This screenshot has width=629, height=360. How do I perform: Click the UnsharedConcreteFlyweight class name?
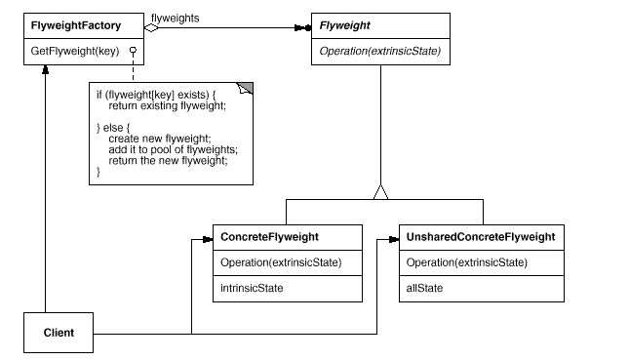tap(480, 237)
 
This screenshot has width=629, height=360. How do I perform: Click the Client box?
tap(59, 333)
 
